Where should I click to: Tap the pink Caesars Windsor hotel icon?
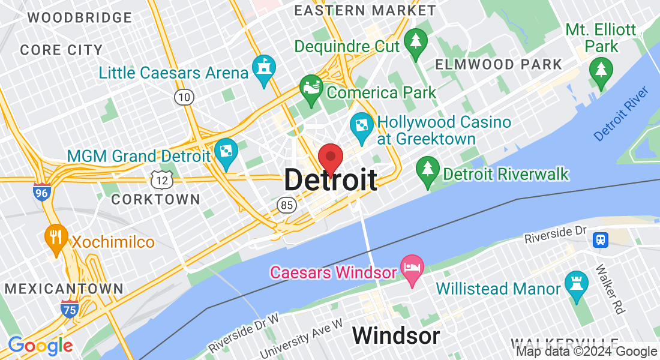[412, 266]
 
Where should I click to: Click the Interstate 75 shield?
[70, 309]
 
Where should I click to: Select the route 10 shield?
[185, 96]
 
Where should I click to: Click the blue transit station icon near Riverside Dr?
[600, 240]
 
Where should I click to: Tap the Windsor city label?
[395, 335]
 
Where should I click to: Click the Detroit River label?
[622, 114]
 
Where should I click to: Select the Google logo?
[40, 346]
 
